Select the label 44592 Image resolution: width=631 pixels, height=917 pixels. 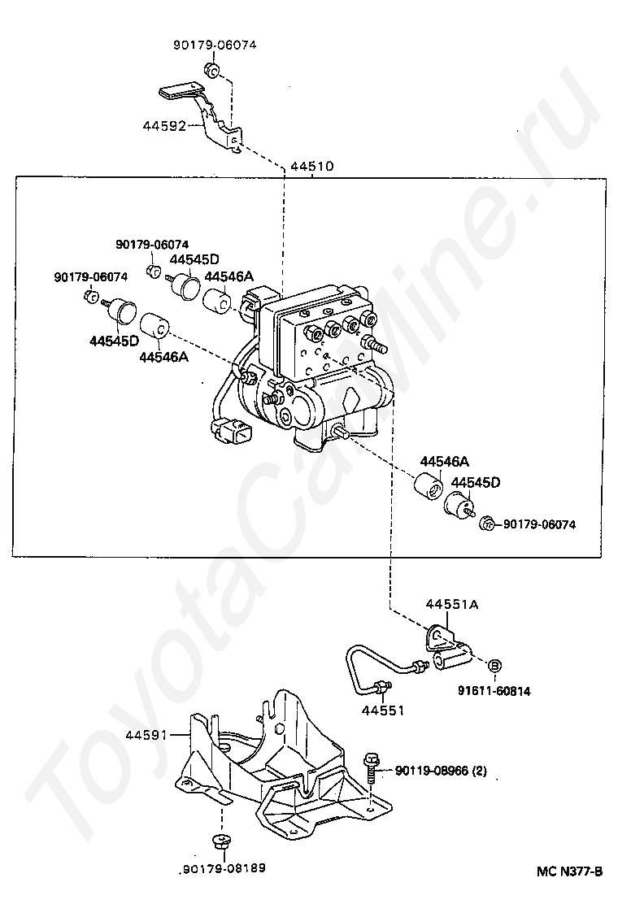165,126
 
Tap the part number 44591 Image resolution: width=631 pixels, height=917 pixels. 146,735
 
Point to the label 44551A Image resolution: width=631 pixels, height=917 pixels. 452,604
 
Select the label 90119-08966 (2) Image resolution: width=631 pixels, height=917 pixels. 441,770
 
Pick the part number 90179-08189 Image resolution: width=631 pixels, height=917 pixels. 222,867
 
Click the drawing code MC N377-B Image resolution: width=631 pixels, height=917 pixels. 569,871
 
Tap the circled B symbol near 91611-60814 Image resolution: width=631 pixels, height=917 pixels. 493,667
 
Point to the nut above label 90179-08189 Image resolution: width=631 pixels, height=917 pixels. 218,840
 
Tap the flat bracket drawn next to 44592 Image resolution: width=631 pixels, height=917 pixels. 203,114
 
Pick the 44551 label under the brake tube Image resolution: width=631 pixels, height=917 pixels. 382,710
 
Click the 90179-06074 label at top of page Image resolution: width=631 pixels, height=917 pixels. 214,46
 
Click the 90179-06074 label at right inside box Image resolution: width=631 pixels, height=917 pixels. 539,524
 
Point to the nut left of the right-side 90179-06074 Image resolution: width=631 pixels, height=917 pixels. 487,524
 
